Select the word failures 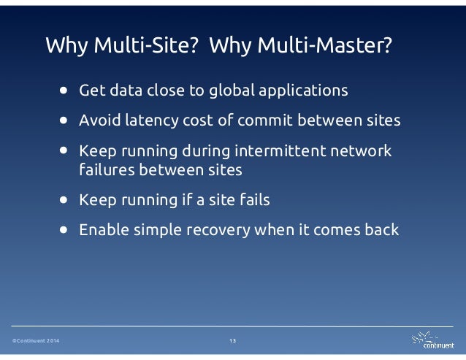tap(104, 169)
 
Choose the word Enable tap(102, 229)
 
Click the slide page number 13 tap(233, 342)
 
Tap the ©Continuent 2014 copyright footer tap(36, 342)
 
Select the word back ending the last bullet tap(381, 229)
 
